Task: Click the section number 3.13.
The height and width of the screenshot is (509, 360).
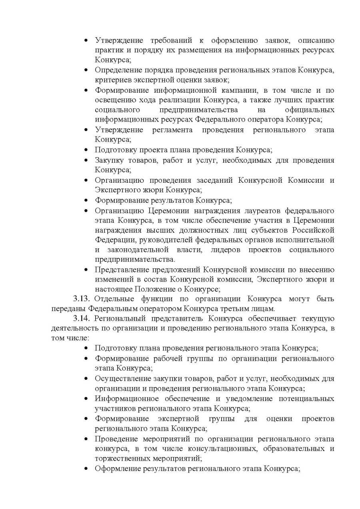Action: [82, 299]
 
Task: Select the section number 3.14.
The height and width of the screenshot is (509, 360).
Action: [82, 318]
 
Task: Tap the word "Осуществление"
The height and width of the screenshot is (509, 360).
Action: [122, 378]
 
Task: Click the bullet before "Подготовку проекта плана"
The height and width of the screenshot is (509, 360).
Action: [86, 150]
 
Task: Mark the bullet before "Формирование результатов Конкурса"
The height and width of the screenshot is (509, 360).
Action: [86, 200]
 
